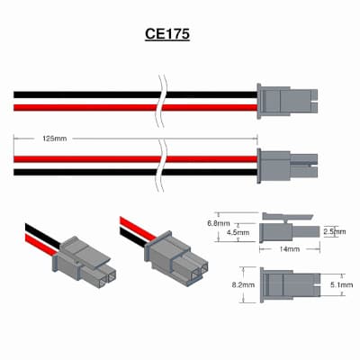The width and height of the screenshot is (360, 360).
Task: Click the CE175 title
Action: point(167,34)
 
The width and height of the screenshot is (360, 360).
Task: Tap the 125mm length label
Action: point(54,139)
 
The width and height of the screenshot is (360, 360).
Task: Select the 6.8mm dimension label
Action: point(219,223)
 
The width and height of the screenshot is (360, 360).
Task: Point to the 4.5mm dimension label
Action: point(238,232)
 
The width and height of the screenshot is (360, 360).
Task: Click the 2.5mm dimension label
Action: point(335,231)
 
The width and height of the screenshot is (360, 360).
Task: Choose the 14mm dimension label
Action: point(289,249)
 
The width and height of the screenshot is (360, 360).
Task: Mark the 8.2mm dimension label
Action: point(243,284)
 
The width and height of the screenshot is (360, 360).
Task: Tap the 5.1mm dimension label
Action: point(341,284)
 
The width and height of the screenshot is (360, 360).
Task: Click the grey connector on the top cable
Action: point(287,101)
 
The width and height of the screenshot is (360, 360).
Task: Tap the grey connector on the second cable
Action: point(287,166)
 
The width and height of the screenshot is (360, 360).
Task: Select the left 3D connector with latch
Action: point(85,262)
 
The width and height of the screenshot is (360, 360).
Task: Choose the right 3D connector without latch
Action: point(176,258)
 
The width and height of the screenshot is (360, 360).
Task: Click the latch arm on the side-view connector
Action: point(287,216)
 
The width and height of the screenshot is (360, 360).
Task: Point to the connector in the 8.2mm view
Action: point(290,284)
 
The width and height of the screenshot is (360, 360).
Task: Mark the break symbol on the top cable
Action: point(162,101)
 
